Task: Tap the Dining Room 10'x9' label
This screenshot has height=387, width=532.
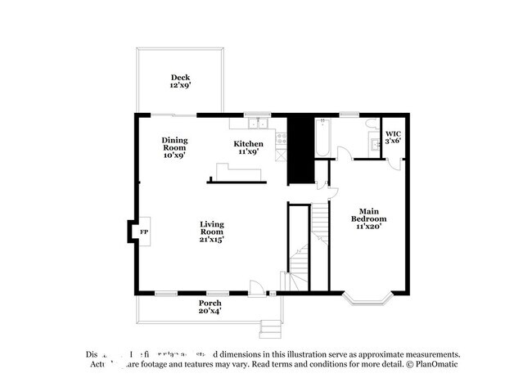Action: (x=174, y=148)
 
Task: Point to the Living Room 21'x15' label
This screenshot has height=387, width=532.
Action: (x=212, y=232)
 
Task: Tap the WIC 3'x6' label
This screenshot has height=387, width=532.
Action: (x=393, y=137)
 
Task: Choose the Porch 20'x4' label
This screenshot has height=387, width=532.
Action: (x=210, y=307)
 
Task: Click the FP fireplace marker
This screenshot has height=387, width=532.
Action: (x=144, y=232)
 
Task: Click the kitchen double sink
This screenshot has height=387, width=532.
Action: (x=260, y=124)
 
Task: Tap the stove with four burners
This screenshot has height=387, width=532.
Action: (x=280, y=139)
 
